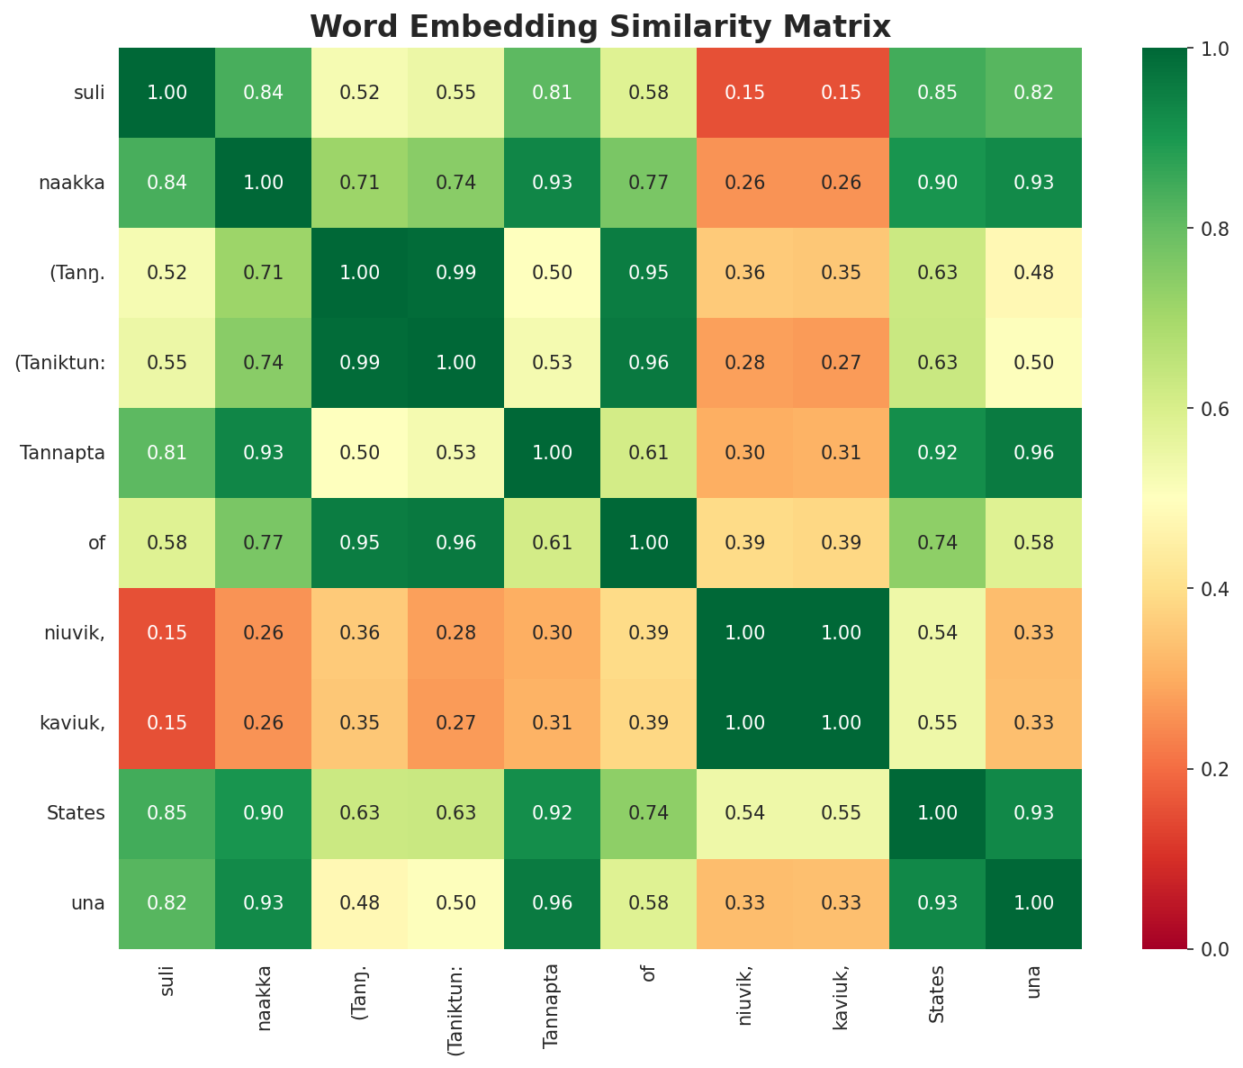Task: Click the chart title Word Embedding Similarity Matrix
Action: [x=600, y=26]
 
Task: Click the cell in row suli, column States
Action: [x=937, y=93]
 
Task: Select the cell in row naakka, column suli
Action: [x=167, y=183]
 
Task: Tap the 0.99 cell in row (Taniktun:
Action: [x=359, y=363]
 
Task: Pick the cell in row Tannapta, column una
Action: [x=1033, y=453]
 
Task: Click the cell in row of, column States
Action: [x=937, y=543]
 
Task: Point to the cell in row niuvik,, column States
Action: [x=937, y=633]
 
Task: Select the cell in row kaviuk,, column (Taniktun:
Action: [x=455, y=723]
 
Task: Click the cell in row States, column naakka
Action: [x=263, y=813]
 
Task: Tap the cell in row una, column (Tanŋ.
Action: [x=359, y=903]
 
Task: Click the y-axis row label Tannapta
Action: [x=62, y=453]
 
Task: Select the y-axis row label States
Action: [x=76, y=813]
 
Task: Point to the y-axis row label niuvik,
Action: [x=75, y=633]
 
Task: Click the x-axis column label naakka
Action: [x=263, y=997]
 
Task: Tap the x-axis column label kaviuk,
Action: [x=841, y=997]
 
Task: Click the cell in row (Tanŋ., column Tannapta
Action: [x=552, y=273]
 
